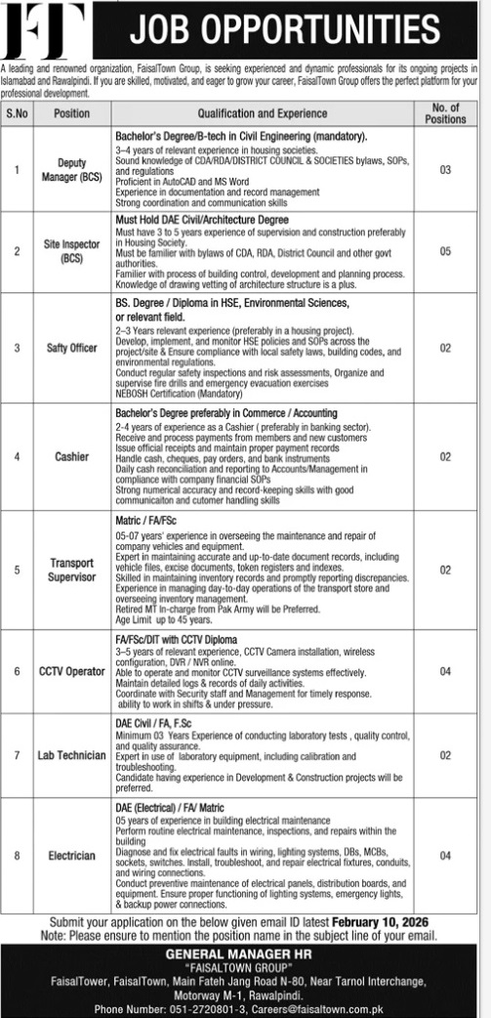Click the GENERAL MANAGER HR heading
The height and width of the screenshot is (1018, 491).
[x=245, y=954]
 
